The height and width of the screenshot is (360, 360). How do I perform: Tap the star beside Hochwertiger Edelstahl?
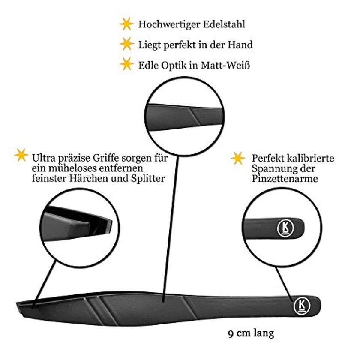point(126,24)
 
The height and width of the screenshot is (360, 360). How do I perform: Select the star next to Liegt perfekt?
point(126,44)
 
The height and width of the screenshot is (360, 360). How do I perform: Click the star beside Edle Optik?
point(126,64)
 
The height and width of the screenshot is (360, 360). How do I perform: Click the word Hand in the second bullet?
point(240,45)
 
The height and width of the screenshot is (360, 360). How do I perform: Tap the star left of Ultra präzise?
point(21,155)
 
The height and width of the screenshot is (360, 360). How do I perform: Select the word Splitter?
point(148,179)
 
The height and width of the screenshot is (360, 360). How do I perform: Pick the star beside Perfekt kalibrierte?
point(238,158)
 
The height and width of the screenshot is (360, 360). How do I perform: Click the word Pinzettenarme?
point(285,179)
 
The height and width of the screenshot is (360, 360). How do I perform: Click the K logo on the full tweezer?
point(302,306)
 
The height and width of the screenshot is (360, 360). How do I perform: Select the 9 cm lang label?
point(251,333)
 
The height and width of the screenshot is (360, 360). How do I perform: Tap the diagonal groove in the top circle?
point(195,117)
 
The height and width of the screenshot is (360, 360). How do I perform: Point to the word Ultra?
point(44,158)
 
